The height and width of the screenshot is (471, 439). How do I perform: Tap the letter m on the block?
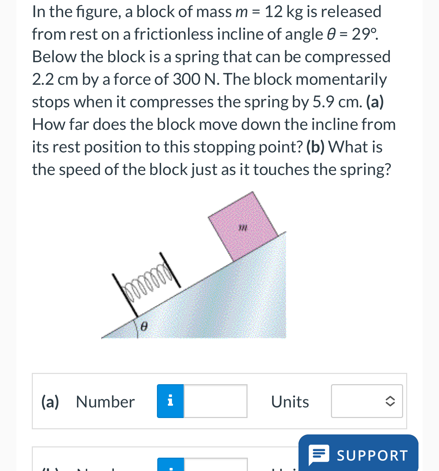pos(243,227)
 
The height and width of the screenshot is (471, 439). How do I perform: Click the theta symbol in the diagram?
pos(144,327)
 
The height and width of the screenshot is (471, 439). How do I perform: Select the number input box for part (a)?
pos(215,401)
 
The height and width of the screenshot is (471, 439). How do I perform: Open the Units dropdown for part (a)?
pos(367,401)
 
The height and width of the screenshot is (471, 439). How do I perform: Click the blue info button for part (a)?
pos(170,401)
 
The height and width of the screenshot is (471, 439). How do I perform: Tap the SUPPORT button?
pos(358,455)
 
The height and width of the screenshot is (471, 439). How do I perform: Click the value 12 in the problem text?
pos(274,12)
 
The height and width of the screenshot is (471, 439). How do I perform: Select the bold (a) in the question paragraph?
pos(375,102)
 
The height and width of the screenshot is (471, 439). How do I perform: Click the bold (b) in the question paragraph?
pos(315,147)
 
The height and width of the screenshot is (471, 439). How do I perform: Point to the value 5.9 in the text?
pos(323,102)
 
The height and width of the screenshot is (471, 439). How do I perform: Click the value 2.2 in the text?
pos(43,79)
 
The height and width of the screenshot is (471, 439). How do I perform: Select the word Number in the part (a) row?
pos(105,402)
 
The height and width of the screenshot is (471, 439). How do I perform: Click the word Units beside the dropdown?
pos(290,402)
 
